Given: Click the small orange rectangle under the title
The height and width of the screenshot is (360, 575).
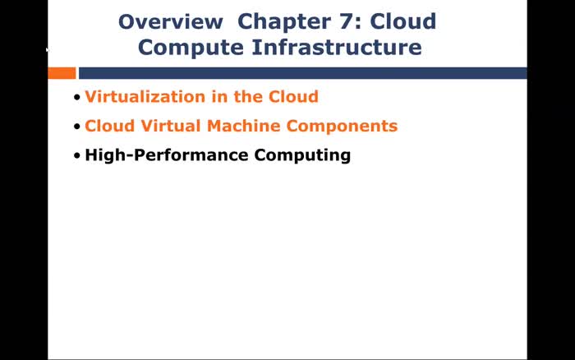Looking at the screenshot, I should pos(62,73).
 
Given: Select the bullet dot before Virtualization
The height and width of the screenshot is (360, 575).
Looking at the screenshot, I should pos(77,98).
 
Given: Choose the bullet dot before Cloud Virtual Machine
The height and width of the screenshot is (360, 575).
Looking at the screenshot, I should pos(77,127).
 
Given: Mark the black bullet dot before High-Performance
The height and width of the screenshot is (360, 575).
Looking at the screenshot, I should pos(77,155).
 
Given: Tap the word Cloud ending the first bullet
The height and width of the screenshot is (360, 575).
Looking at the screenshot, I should pos(293,97).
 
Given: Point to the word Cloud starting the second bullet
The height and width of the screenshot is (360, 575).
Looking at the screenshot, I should pos(109,127).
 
